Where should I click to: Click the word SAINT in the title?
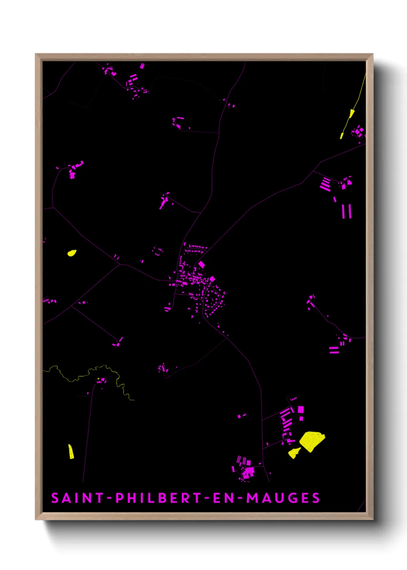[x=77, y=498]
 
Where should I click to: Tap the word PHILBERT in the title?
[x=159, y=498]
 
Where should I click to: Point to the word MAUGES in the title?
[x=283, y=498]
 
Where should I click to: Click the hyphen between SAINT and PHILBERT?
[x=109, y=498]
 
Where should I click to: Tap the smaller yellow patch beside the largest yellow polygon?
[x=294, y=453]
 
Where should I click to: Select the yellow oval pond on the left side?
[x=72, y=253]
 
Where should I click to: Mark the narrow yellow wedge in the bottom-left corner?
[x=71, y=452]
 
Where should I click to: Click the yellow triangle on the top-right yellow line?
[x=352, y=113]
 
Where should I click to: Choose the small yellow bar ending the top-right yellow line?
[x=342, y=136]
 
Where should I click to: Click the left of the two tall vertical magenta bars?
[x=344, y=211]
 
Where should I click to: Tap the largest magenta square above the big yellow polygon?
[x=301, y=409]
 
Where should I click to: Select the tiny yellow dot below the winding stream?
[x=99, y=379]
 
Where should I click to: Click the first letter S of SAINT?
[x=55, y=498]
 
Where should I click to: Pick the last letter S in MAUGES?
[x=316, y=498]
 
